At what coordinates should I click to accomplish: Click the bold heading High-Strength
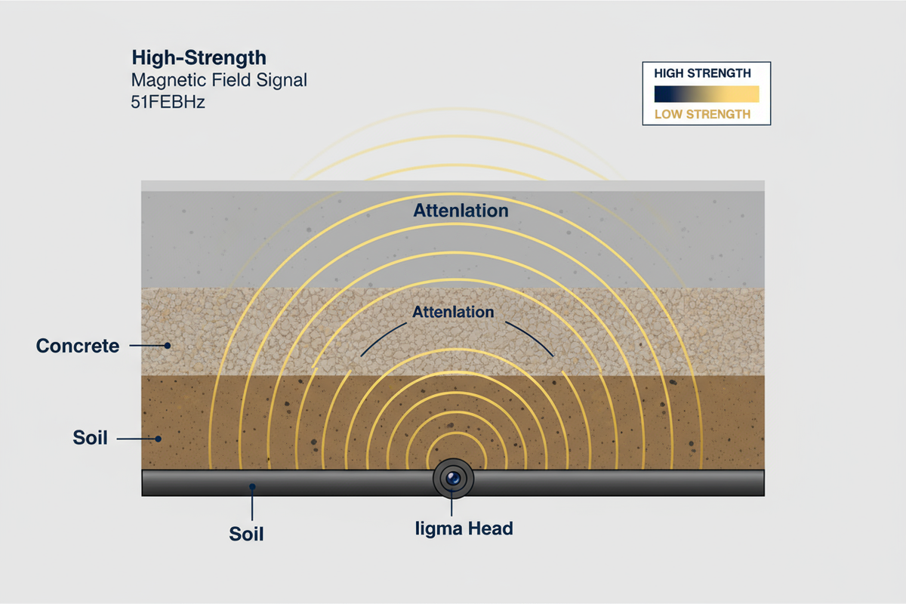point(199,57)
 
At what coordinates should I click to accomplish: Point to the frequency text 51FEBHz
point(168,102)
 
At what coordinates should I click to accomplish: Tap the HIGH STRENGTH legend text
point(702,73)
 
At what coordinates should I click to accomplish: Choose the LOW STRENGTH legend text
point(702,115)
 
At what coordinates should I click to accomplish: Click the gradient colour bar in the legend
point(707,94)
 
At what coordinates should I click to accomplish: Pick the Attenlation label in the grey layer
point(461,211)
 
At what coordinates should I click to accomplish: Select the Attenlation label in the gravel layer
point(453,312)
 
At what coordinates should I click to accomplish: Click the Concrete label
point(78,346)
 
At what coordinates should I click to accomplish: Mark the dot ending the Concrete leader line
point(168,346)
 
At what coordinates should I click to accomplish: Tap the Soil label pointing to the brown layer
point(90,438)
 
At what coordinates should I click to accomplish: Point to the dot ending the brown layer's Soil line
point(159,439)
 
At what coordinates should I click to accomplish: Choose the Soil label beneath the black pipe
point(246,534)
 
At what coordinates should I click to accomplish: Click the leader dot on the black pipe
point(252,486)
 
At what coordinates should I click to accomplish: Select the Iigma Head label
point(464,528)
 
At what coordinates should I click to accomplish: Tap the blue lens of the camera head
point(453,478)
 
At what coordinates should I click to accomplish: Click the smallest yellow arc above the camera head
point(456,433)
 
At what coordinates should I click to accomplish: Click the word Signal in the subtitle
point(282,80)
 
